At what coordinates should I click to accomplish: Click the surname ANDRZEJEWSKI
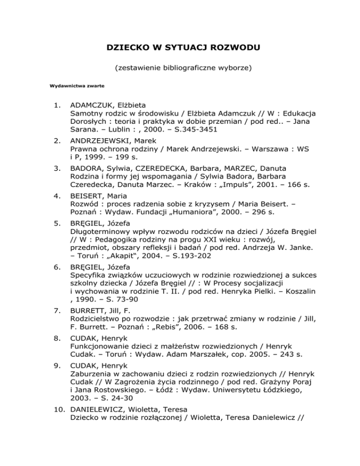point(102,141)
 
